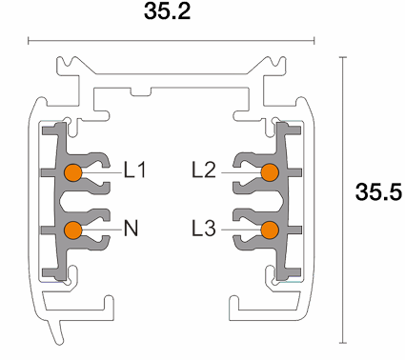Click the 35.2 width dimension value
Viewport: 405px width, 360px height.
168,11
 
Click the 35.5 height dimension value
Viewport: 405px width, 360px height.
378,191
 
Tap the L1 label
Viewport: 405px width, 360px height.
135,170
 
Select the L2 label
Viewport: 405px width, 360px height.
204,170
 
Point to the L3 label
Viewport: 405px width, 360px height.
204,229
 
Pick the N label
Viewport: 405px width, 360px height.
131,229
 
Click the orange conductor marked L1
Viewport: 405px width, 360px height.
73,172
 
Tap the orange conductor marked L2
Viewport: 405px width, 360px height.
270,172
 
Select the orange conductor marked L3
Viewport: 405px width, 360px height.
270,230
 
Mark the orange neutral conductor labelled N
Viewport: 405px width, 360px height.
73,230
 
